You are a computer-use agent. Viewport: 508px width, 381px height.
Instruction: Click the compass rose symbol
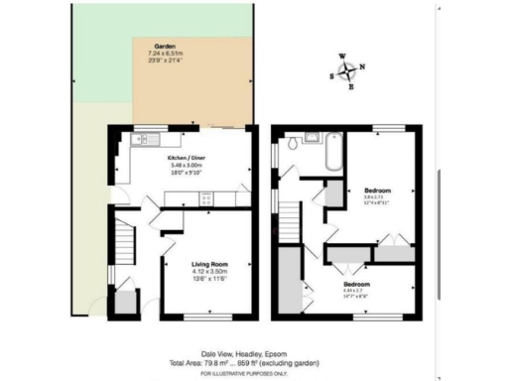(x=347, y=71)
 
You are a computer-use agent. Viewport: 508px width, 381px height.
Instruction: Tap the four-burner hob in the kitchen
(x=207, y=197)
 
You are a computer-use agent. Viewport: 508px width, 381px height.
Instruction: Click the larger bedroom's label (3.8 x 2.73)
(x=377, y=189)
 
